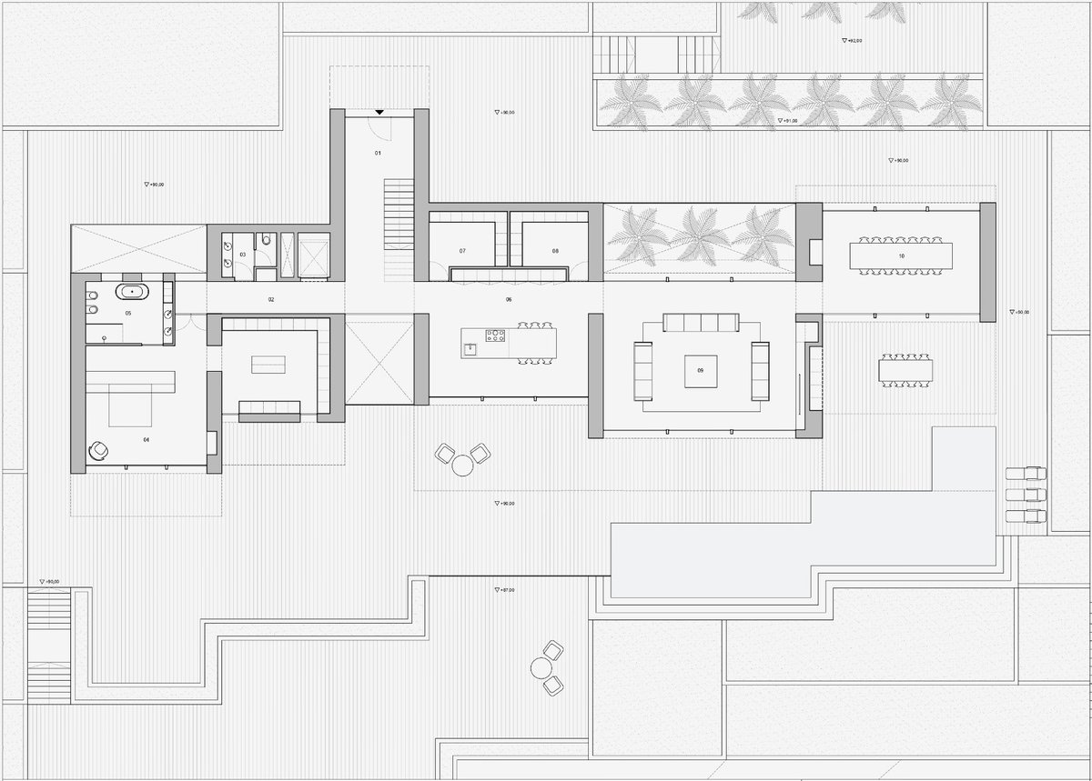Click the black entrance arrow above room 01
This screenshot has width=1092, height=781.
click(x=379, y=112)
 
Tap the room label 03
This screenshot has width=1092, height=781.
click(x=243, y=255)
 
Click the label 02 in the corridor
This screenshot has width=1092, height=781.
click(x=270, y=299)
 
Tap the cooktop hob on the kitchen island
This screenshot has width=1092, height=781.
click(x=496, y=337)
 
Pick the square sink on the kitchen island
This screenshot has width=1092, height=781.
click(x=470, y=347)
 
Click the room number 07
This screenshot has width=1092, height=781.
click(x=462, y=250)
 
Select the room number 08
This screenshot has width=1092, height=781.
click(x=554, y=250)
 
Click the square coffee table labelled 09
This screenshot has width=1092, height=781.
click(x=700, y=371)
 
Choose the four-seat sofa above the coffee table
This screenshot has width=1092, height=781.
click(x=700, y=323)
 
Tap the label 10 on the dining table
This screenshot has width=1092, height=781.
click(x=901, y=256)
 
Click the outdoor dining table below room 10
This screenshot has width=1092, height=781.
click(x=905, y=370)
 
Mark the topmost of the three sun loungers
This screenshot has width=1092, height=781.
click(x=1026, y=473)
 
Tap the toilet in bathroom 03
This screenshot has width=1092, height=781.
click(x=264, y=242)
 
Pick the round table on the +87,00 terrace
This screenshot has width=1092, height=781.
click(x=542, y=667)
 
